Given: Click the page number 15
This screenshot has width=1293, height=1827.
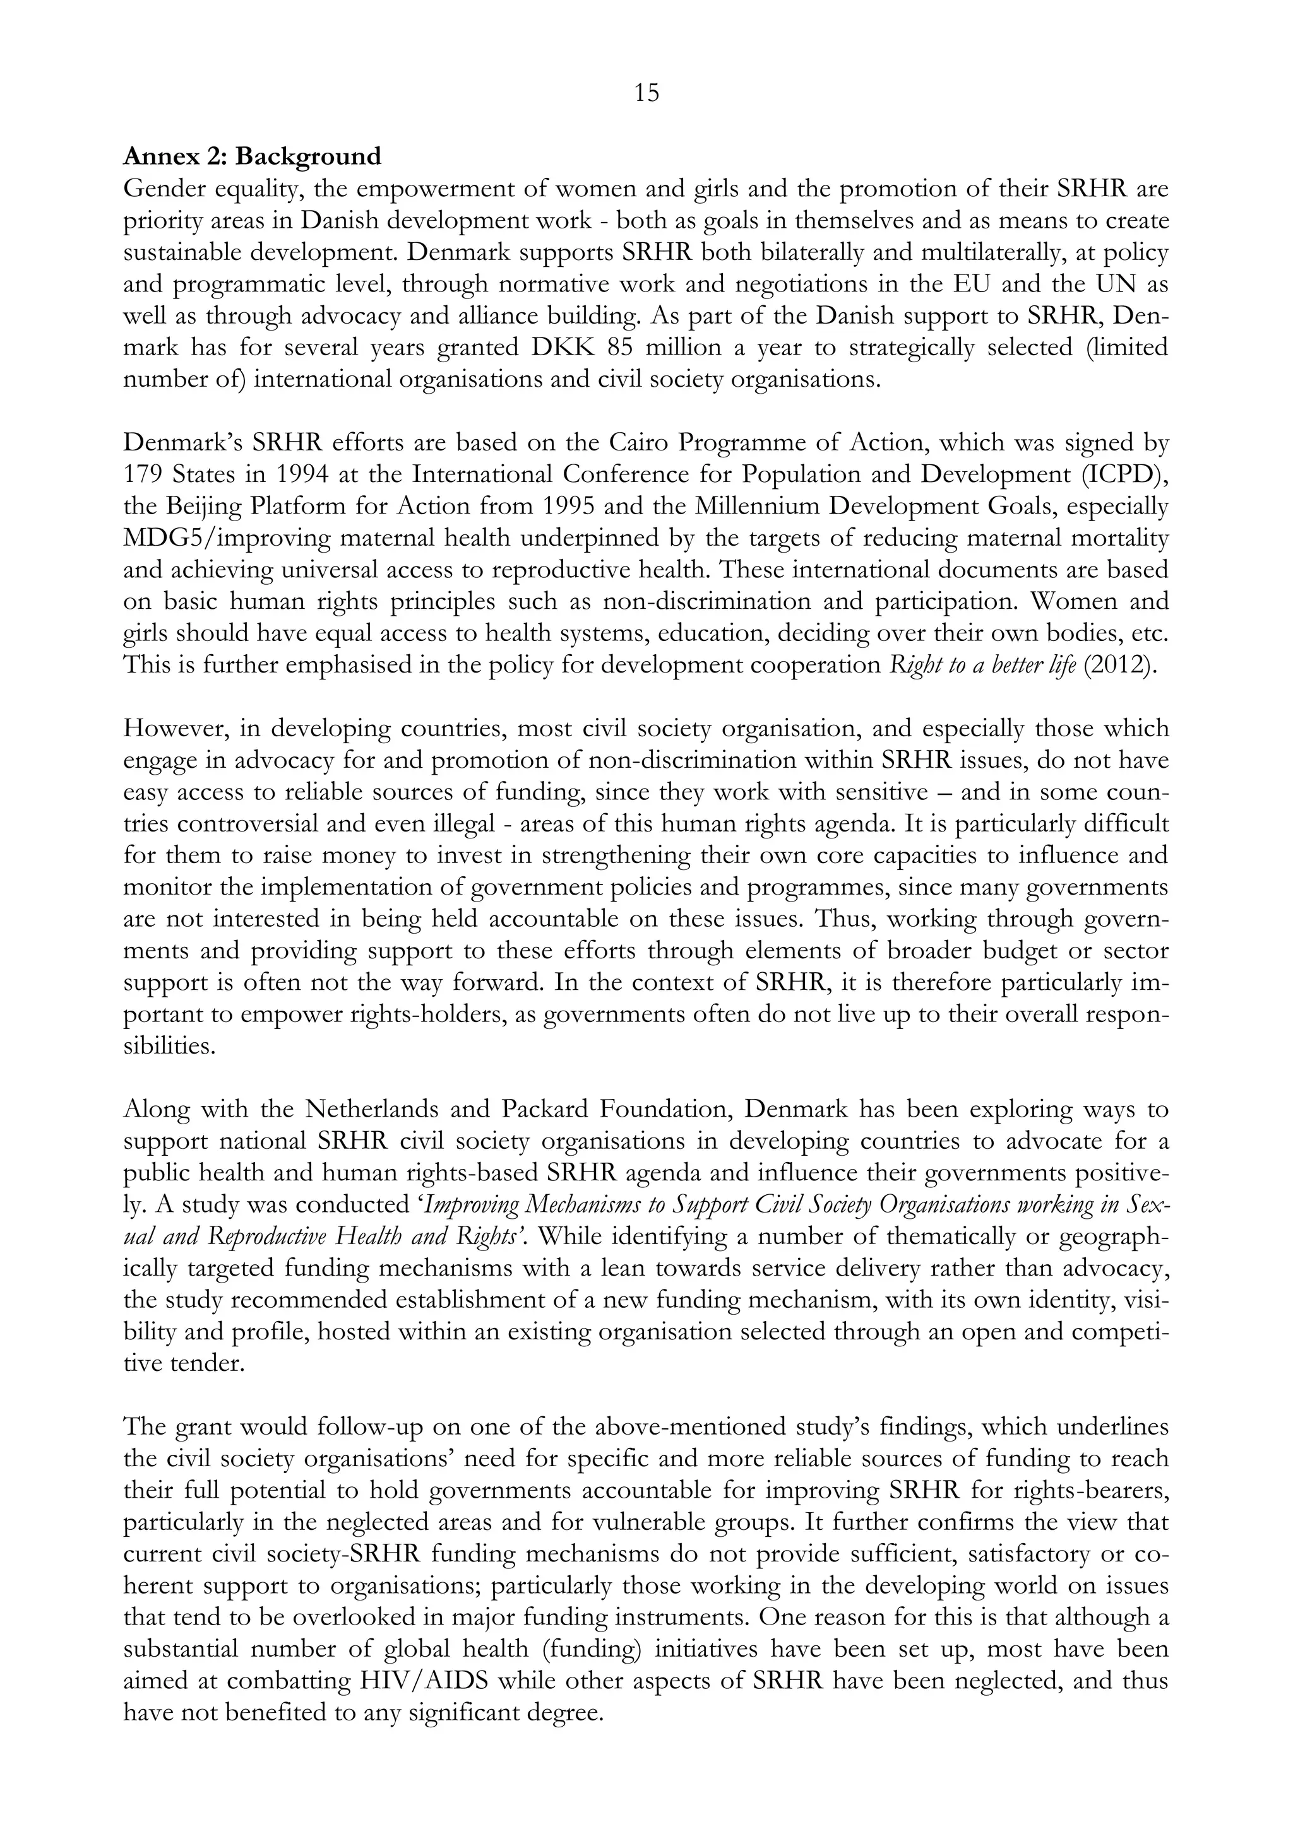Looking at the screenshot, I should click(x=646, y=94).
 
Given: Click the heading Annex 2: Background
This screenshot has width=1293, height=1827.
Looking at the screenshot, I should click(x=253, y=156).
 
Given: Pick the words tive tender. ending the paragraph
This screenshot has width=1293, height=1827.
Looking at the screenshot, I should click(x=183, y=1363).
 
